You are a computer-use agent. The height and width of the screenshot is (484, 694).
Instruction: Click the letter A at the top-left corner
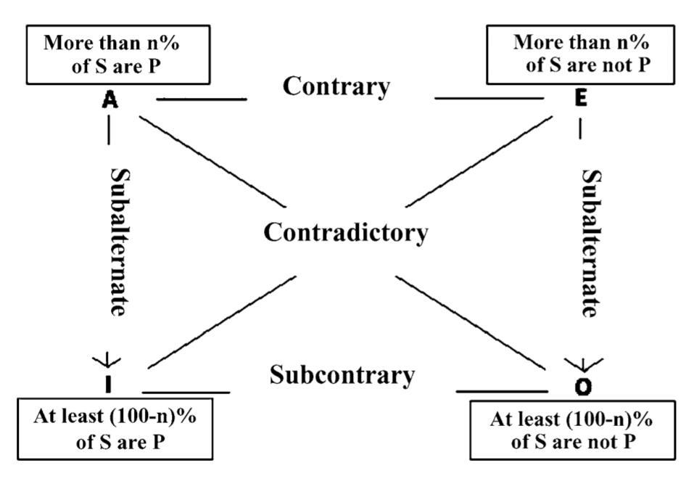110,101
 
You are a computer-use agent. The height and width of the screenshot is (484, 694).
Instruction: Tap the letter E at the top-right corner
580,100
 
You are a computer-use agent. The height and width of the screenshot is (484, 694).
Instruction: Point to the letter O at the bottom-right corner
583,387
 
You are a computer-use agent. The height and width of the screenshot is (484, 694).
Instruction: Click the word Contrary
336,86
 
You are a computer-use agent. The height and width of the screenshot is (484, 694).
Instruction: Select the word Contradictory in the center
345,233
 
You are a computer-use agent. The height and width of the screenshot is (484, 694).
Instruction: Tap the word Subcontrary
342,376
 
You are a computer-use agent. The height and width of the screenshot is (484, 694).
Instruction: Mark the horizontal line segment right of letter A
201,99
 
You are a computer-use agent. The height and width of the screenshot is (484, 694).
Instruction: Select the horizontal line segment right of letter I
185,392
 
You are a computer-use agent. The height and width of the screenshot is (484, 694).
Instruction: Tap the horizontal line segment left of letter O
502,392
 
